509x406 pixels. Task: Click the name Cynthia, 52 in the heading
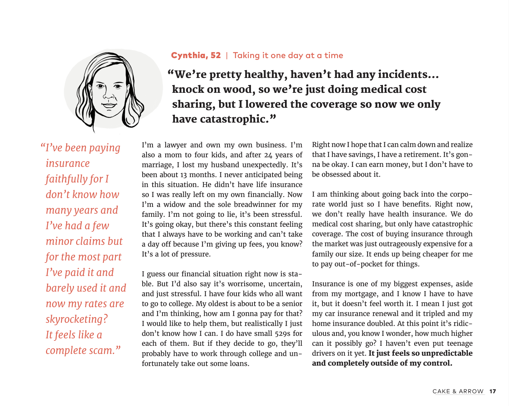196,55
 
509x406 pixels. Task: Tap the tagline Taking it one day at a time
288,55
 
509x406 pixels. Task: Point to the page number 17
493,391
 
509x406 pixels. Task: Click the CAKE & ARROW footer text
458,391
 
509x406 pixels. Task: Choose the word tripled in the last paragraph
431,314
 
